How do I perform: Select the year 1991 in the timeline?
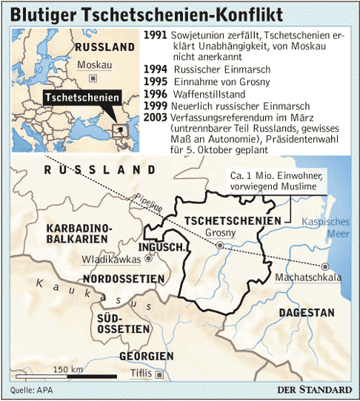(x=157, y=35)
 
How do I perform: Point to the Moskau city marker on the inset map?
(x=92, y=78)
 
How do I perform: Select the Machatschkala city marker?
(x=324, y=266)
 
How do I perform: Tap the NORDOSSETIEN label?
(x=123, y=278)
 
